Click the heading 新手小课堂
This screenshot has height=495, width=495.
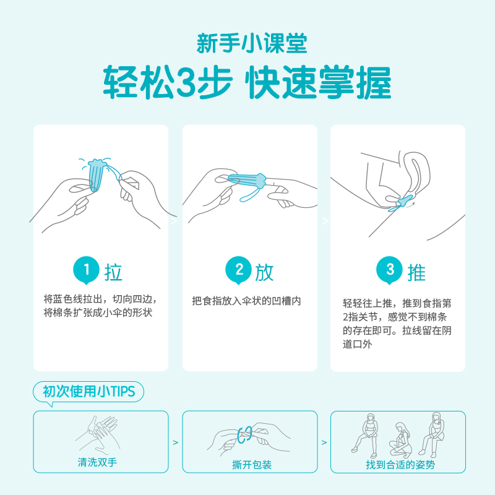(x=247, y=42)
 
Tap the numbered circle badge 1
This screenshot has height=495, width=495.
(x=87, y=270)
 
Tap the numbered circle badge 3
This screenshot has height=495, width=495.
(x=390, y=270)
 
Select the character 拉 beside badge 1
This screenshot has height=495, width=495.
(x=113, y=272)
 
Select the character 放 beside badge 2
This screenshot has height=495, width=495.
(x=264, y=272)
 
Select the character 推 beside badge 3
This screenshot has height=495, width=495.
(x=416, y=272)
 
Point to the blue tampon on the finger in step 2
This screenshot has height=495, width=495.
(x=247, y=180)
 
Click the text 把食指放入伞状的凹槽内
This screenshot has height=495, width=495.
(x=246, y=301)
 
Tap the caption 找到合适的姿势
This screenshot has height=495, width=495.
(x=400, y=465)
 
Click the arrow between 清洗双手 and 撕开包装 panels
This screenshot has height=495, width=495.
(x=175, y=442)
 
